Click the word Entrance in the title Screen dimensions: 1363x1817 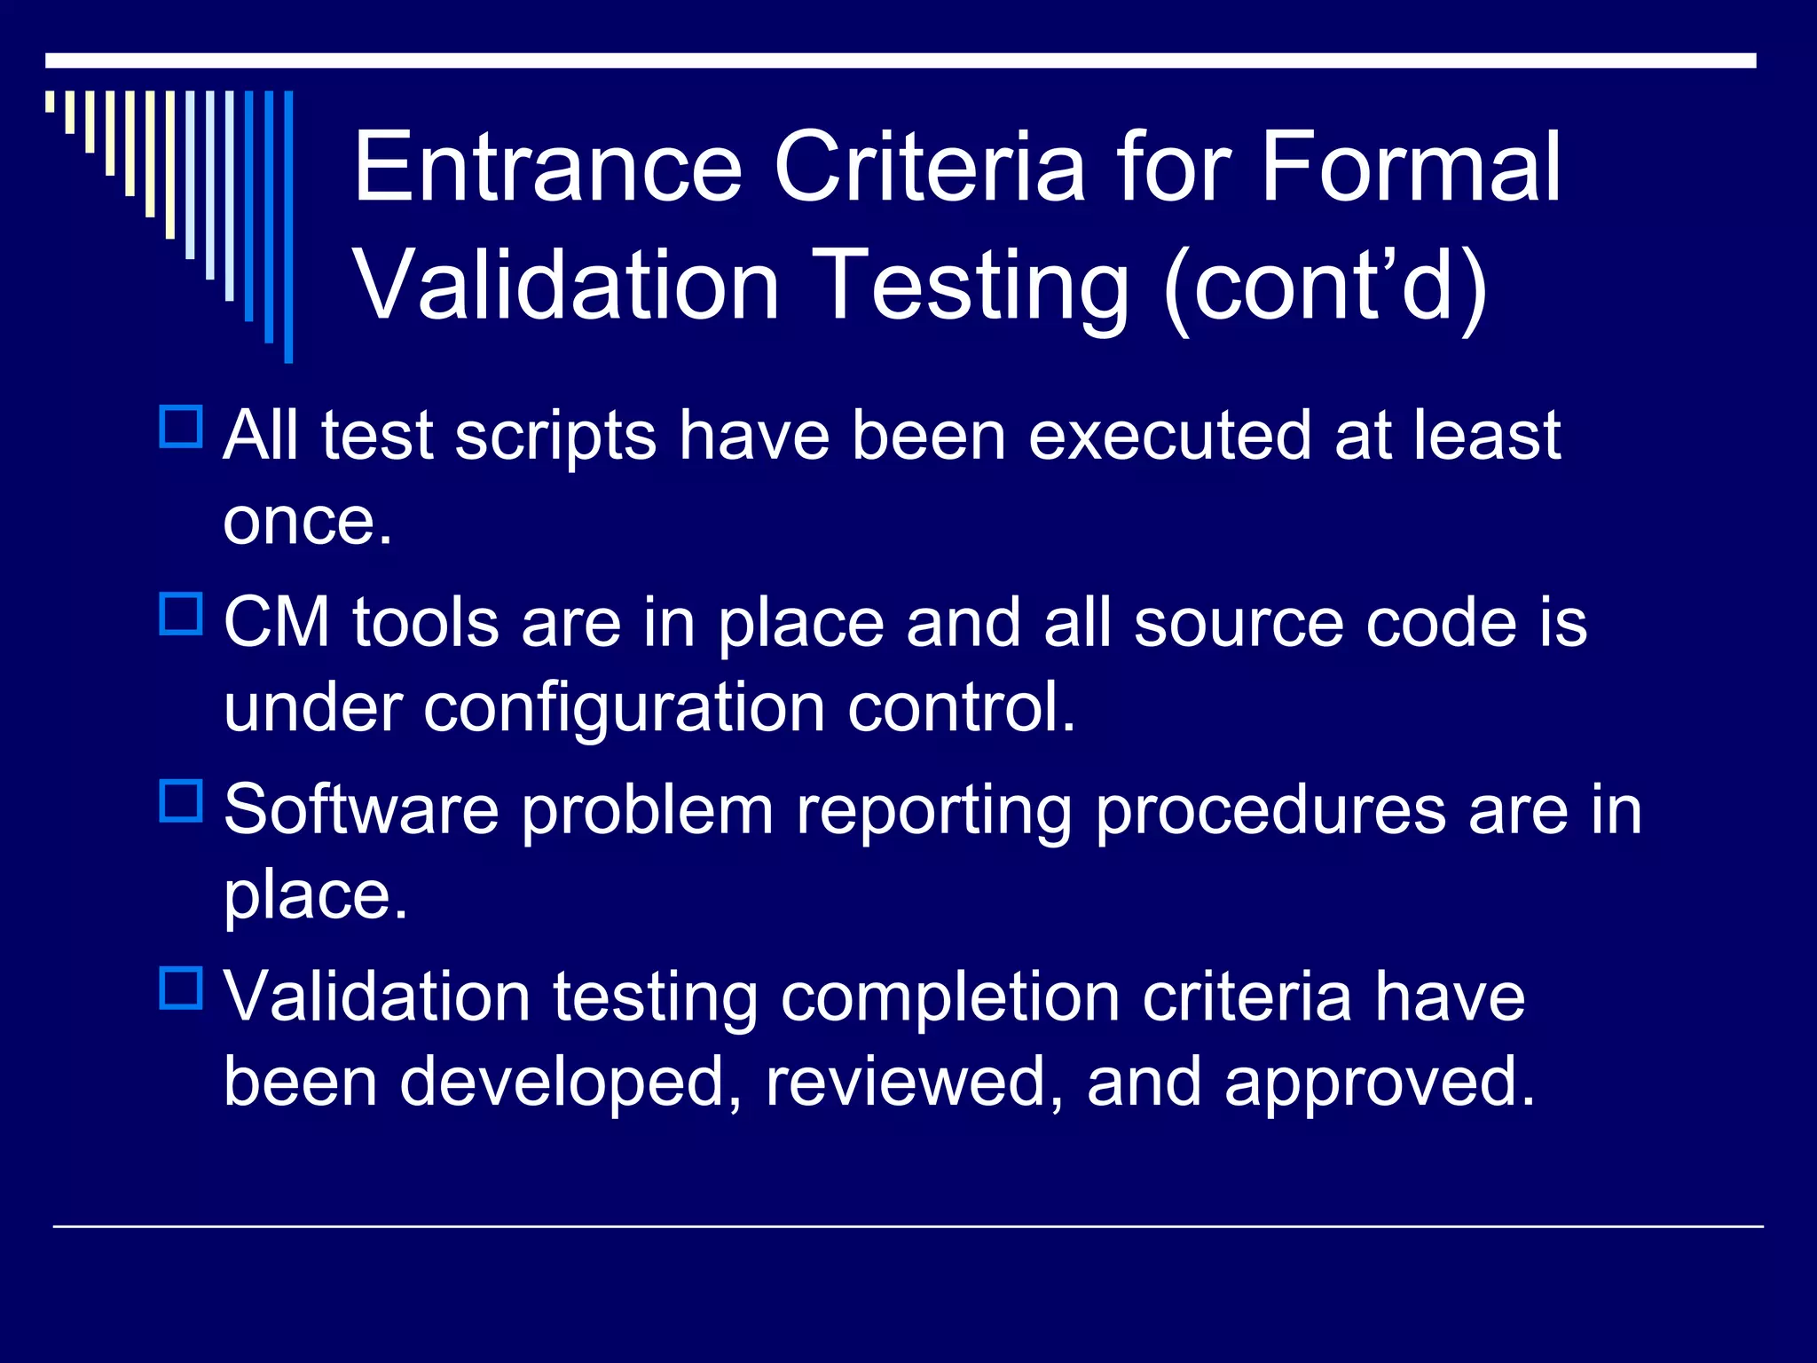[x=547, y=167]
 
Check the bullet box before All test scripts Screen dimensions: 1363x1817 [x=182, y=427]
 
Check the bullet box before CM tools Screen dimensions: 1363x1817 [x=182, y=614]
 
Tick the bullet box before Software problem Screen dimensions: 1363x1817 [x=182, y=801]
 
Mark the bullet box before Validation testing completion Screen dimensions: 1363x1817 [x=182, y=988]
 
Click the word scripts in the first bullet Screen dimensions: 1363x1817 [x=555, y=437]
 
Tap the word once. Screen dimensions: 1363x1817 [x=307, y=522]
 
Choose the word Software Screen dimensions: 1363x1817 [x=361, y=810]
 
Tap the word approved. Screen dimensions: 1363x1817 [x=1380, y=1083]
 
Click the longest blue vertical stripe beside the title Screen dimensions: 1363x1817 [x=288, y=226]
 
